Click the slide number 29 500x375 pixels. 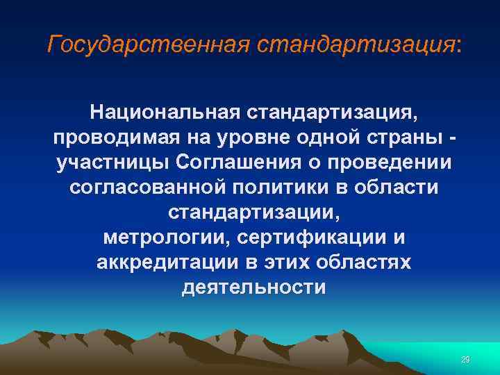(x=466, y=359)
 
